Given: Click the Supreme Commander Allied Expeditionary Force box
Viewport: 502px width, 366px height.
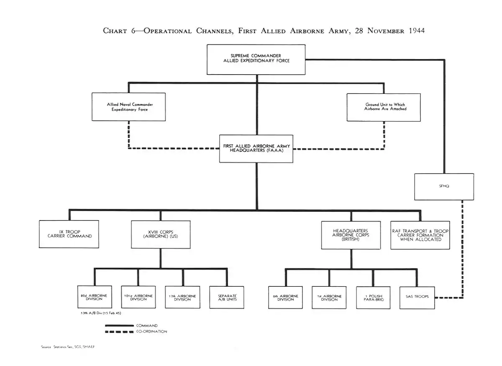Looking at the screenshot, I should [x=256, y=59].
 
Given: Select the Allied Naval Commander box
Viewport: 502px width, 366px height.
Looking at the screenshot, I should [x=129, y=107].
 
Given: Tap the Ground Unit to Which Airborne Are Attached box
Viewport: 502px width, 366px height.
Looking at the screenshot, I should [x=384, y=107].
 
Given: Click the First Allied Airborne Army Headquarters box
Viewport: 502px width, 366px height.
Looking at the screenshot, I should [x=256, y=148].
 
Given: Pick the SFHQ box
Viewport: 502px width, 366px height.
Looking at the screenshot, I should [x=444, y=187].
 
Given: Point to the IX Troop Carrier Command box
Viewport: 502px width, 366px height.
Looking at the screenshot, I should [x=69, y=234].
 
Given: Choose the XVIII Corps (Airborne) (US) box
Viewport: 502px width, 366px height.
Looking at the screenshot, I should [x=161, y=234].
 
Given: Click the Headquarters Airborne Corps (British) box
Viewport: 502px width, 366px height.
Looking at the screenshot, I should [x=351, y=235].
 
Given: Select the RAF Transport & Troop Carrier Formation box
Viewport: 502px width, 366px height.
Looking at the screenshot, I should [x=420, y=235].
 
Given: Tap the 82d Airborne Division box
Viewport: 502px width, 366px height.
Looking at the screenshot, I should [x=94, y=297].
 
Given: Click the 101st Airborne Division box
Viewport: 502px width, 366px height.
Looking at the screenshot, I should [x=138, y=297].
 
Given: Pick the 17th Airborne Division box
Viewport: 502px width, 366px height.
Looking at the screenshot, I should [x=182, y=297].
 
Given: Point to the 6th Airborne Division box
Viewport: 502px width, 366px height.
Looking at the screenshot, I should [x=285, y=298].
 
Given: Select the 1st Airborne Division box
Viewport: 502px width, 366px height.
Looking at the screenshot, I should [x=329, y=298].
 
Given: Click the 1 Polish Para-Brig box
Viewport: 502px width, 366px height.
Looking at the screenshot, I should [x=373, y=298].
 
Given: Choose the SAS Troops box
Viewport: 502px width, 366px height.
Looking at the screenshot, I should [x=417, y=297].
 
